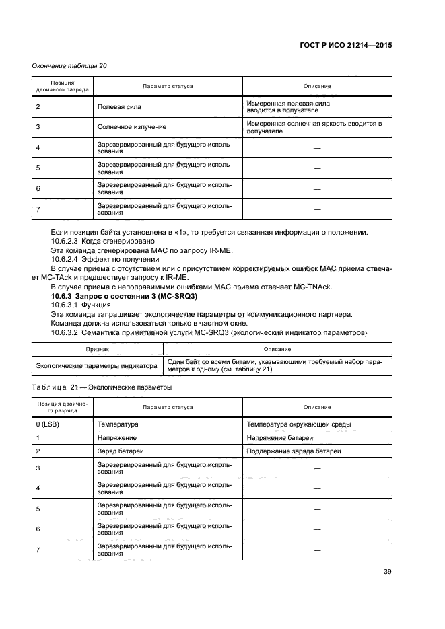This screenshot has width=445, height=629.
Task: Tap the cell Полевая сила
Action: [119, 107]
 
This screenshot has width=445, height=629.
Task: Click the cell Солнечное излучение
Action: [131, 127]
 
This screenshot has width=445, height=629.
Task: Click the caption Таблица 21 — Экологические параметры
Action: [101, 387]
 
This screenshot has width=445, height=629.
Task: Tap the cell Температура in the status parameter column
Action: [118, 424]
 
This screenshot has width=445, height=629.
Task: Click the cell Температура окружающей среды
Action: [298, 424]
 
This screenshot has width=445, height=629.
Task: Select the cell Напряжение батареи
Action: [282, 437]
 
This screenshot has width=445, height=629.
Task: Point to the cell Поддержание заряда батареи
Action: [294, 451]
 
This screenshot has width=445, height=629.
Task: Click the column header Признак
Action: [97, 349]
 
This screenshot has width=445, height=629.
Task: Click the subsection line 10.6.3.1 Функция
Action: [79, 306]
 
